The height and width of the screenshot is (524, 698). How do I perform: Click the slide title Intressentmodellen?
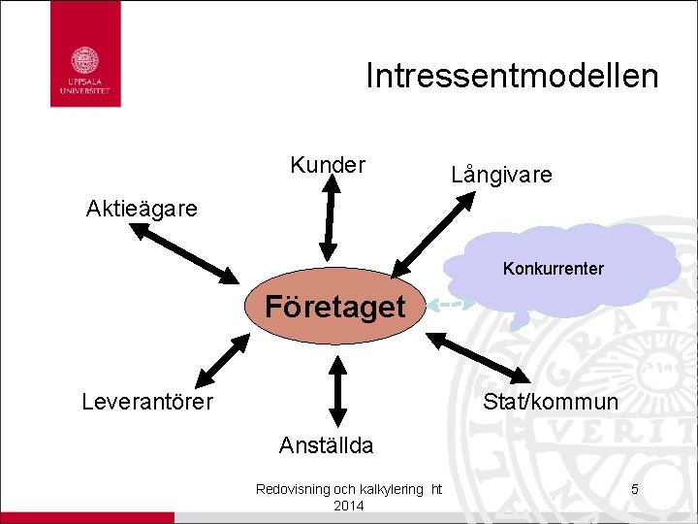[512, 76]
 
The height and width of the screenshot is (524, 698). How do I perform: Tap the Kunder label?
[328, 165]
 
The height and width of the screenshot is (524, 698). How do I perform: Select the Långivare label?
[501, 175]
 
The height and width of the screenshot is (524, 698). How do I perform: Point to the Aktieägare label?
[142, 209]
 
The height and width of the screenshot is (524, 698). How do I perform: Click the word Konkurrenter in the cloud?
[553, 269]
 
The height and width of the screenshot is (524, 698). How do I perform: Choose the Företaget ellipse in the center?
[335, 308]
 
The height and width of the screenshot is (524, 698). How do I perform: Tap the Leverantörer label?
[147, 401]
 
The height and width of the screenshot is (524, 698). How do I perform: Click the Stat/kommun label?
[550, 401]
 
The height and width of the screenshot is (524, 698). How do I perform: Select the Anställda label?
[326, 445]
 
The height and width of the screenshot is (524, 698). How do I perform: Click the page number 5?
[634, 489]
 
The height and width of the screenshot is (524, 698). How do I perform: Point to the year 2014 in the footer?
[348, 507]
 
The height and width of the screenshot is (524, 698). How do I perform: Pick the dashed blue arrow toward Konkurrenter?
[451, 305]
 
